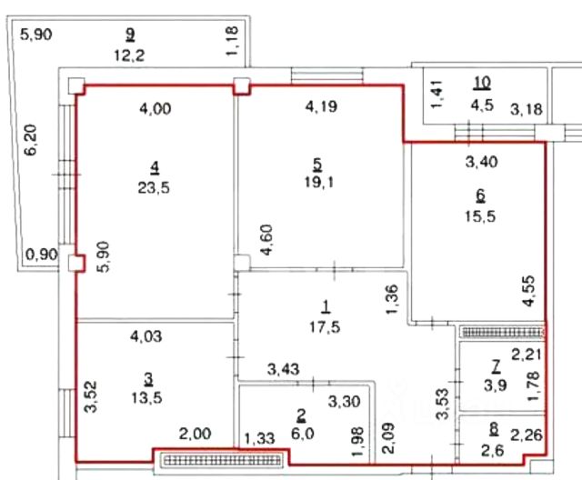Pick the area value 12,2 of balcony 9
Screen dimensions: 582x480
click(x=129, y=55)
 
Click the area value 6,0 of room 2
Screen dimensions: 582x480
click(x=301, y=435)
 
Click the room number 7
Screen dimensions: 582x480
click(x=495, y=366)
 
